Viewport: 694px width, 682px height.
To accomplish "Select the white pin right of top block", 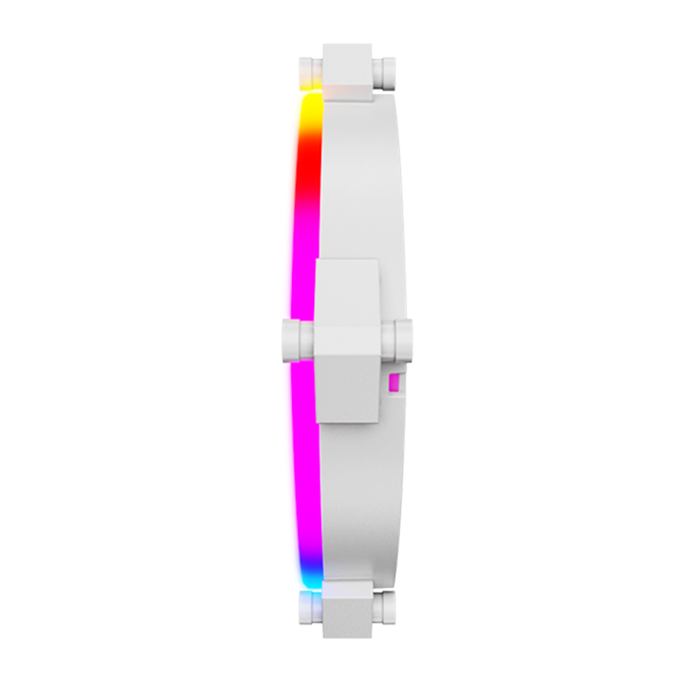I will [385, 73].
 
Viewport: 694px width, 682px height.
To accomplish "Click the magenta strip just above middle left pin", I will [301, 288].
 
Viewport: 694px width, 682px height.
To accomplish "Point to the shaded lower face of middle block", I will [347, 390].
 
